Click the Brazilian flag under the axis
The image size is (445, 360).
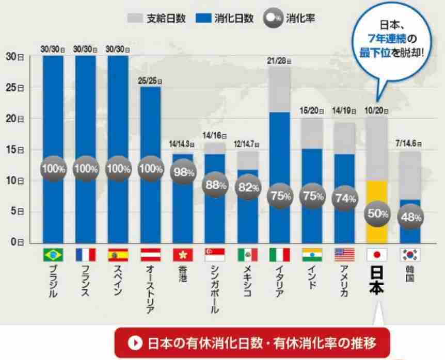[53, 255]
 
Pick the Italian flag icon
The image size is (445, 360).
[279, 255]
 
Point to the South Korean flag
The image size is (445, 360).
[410, 255]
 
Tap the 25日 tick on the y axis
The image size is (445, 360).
[14, 88]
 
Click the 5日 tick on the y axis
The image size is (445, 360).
[15, 211]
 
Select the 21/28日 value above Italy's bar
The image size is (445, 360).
[279, 61]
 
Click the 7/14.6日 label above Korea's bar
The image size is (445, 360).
[410, 143]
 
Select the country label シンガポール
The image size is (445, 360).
[214, 289]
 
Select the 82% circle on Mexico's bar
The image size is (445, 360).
[247, 188]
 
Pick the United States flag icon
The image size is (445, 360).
[345, 255]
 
